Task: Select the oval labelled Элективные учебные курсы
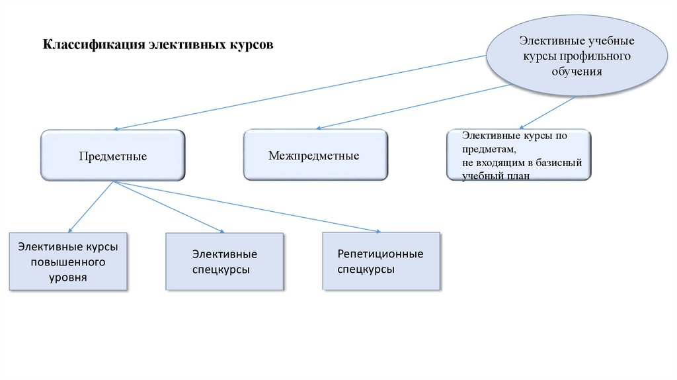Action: coord(577,56)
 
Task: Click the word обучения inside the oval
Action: coord(577,71)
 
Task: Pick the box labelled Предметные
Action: coord(113,156)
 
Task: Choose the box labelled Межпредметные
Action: coord(315,156)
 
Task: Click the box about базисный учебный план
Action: coord(518,156)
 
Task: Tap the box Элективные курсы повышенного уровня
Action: coord(68,261)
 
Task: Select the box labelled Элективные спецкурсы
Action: coord(225,261)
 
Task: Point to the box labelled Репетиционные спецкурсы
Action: coord(381,261)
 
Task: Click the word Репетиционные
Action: coord(380,254)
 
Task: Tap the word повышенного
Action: coord(68,262)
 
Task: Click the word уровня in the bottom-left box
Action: coord(68,277)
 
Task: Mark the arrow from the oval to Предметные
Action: coord(301,93)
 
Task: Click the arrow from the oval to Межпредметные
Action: coord(413,106)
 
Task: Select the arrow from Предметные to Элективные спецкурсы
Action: coord(169,207)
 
